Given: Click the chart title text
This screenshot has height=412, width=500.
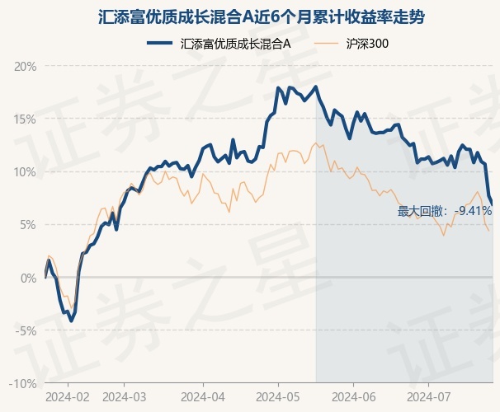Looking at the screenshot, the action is pos(262,16).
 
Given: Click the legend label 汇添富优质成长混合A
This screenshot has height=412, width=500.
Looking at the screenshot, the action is pos(236,44).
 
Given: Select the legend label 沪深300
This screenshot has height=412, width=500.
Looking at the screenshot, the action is pos(367,44).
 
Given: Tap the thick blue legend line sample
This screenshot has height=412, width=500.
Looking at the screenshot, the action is pos(160,44).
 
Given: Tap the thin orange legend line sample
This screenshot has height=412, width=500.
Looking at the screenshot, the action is pos(326,44).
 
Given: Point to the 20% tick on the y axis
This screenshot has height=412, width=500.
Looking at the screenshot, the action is pos(26,67).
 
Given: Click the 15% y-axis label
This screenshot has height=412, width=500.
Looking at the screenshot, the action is pos(26,119).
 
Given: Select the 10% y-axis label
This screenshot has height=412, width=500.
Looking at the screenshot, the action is pos(26,172).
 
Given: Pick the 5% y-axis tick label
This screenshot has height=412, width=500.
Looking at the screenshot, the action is pos(29,225).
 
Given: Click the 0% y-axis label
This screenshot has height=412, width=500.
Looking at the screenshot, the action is pos(29,278).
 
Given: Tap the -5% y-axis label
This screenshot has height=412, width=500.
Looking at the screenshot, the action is pos(26,330).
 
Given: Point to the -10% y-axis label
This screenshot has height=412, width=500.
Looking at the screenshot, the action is pos(23,384).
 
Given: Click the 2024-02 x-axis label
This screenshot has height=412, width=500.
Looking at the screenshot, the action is pos(68,397).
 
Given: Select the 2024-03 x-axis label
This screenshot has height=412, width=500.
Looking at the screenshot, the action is pos(125,397).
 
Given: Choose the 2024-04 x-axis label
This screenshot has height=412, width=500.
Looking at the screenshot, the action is pos(203,397).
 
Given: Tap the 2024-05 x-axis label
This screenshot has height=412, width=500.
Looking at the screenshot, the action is pos(278,397).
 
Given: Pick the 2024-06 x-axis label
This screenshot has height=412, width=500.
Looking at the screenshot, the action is pos(354,397).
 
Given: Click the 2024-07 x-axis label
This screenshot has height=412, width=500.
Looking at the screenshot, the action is pos(429,397).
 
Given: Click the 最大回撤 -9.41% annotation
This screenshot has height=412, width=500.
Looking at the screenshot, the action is pos(445,211).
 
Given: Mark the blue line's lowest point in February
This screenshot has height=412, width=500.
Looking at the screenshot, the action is pos(72,321).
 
